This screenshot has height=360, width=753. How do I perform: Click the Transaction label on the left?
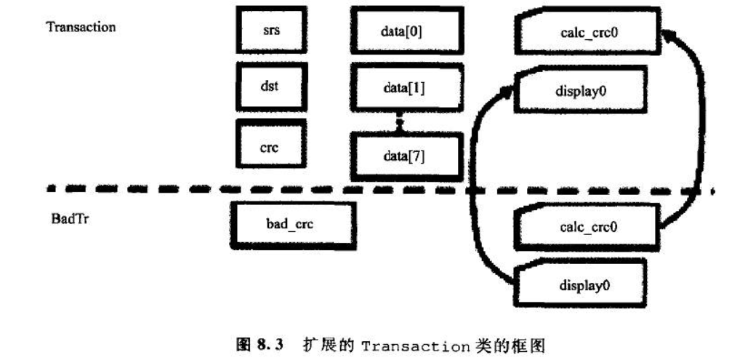pyautogui.click(x=81, y=27)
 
